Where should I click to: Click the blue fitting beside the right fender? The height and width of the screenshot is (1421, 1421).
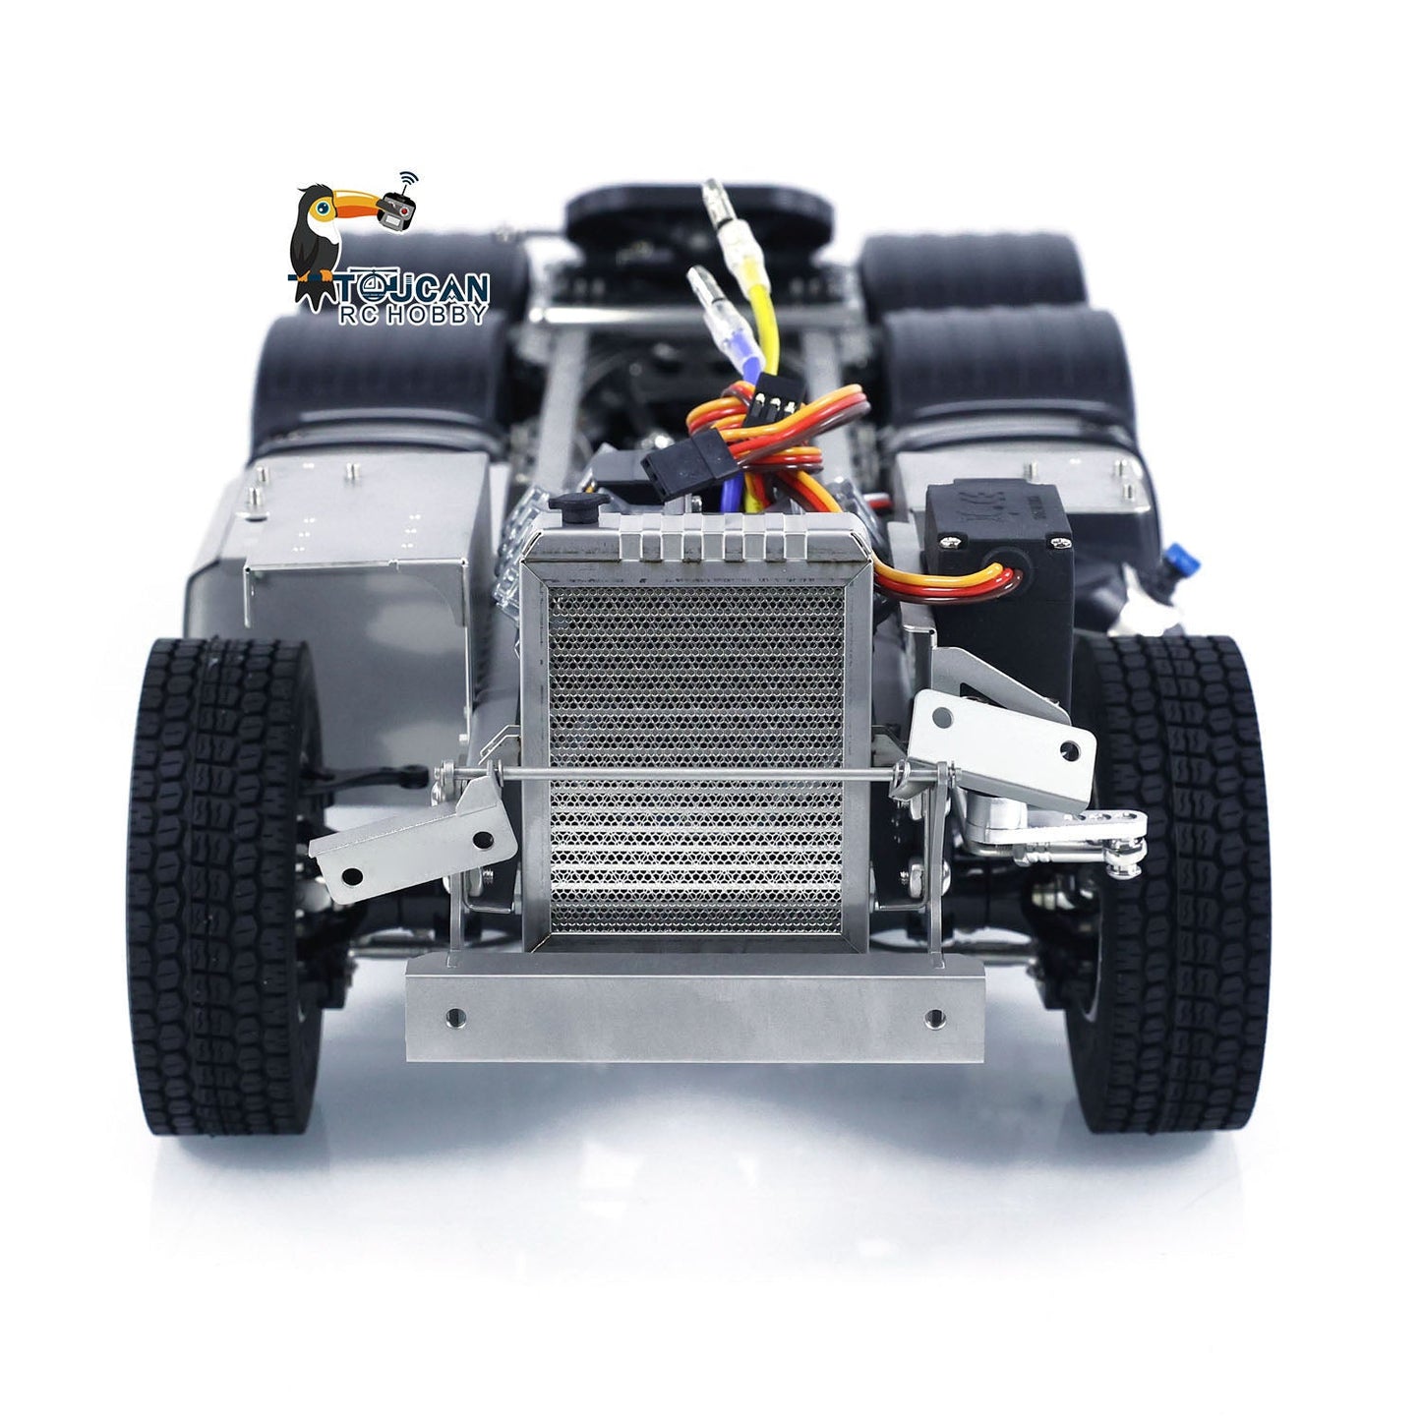(x=1186, y=560)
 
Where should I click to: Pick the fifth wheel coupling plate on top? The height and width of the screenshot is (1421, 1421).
(x=698, y=211)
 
